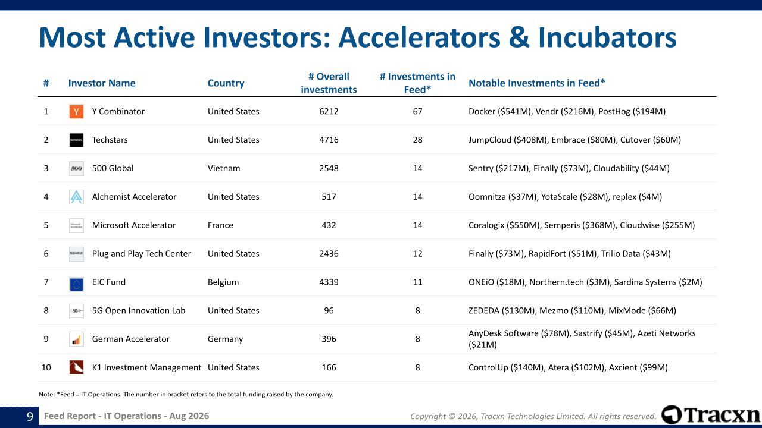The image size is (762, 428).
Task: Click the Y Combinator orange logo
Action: click(x=76, y=111)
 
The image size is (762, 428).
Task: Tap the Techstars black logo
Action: click(x=76, y=140)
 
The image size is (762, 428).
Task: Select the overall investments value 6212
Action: click(x=329, y=111)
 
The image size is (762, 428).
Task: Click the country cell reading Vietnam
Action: click(x=224, y=168)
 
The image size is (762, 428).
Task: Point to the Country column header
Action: click(x=226, y=83)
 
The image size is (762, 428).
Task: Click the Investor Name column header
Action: click(x=102, y=83)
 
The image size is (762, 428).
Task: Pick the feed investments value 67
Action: click(x=417, y=111)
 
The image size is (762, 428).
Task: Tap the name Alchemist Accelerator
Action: click(x=134, y=197)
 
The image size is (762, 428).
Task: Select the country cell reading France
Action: click(x=220, y=225)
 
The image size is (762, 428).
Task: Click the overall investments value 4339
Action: click(x=329, y=282)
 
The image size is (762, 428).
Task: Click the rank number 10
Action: click(x=46, y=367)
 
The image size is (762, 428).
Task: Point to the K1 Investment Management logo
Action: click(x=76, y=367)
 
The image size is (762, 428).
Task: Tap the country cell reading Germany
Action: click(x=225, y=339)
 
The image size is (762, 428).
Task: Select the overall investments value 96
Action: click(x=329, y=310)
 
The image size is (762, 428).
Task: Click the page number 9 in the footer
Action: click(x=30, y=417)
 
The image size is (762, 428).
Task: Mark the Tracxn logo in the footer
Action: click(x=710, y=415)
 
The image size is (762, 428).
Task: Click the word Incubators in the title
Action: click(x=607, y=37)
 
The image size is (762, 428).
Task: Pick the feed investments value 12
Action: click(x=417, y=254)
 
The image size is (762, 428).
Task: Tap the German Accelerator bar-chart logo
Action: click(x=76, y=339)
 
